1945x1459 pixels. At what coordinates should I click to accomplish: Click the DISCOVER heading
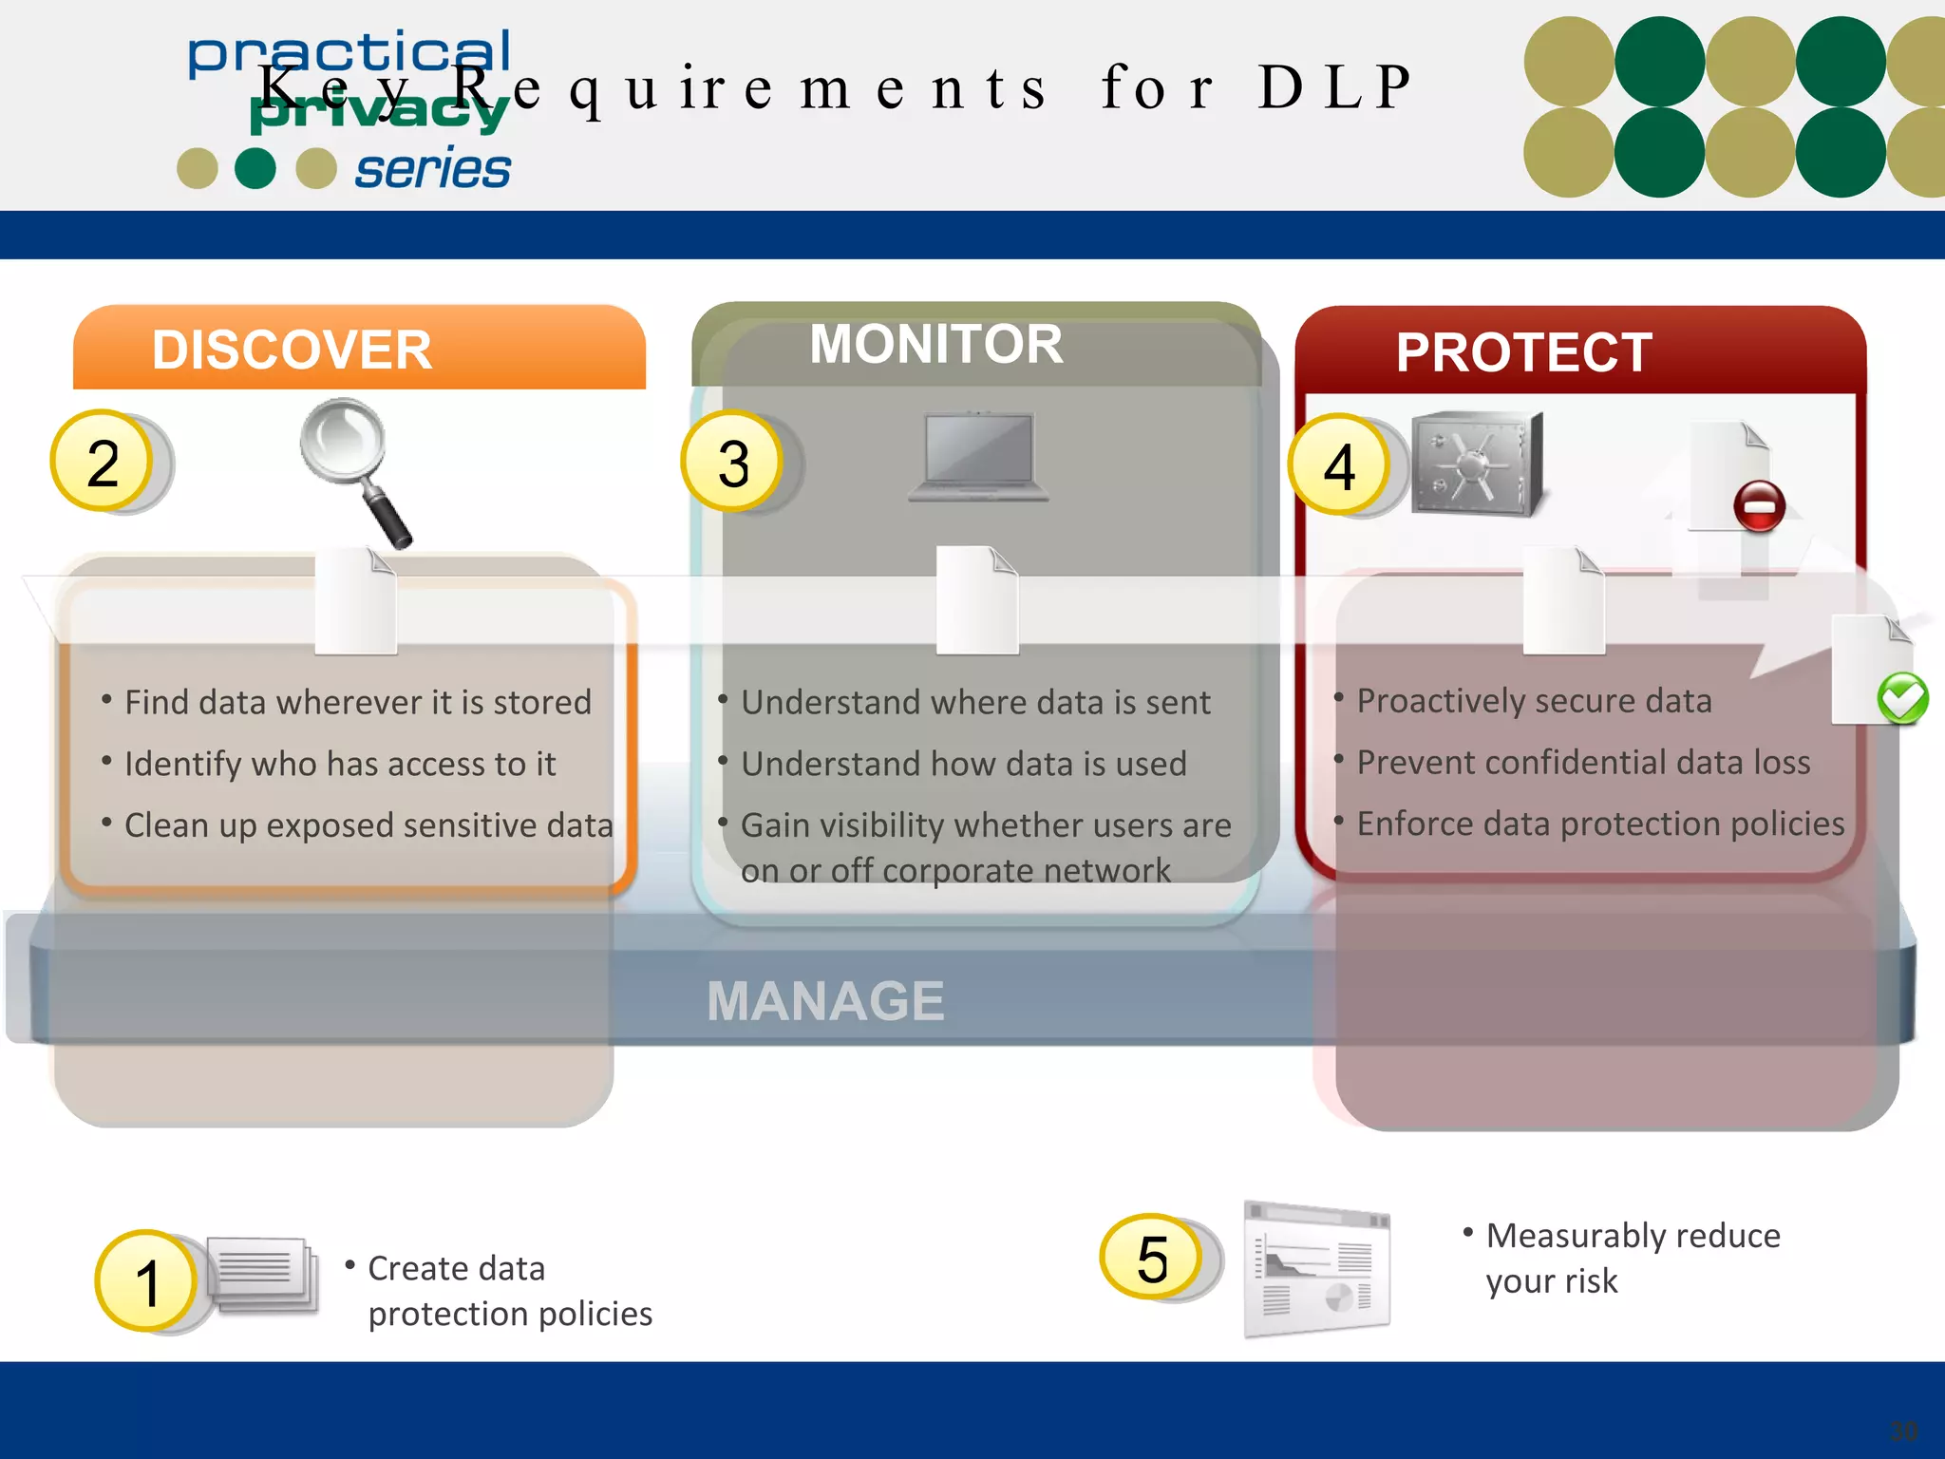[292, 351]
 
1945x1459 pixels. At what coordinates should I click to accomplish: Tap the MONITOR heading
[935, 344]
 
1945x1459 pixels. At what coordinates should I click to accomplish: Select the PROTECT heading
[1523, 353]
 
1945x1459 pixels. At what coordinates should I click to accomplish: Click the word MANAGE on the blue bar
[825, 1001]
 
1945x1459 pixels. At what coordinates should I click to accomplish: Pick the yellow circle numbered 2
[103, 463]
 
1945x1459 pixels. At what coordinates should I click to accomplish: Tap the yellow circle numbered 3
[732, 464]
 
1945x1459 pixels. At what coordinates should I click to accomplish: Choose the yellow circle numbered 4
[1338, 466]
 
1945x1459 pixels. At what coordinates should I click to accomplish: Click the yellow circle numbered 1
[146, 1281]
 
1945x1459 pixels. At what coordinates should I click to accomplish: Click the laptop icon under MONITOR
[978, 456]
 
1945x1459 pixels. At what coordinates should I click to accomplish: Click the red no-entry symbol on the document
[1758, 506]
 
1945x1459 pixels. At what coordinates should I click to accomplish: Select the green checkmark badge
[1902, 699]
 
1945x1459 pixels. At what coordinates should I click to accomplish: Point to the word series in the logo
[433, 170]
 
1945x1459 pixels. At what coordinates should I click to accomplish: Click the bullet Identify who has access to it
[339, 764]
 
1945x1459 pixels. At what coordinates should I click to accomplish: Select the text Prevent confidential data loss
[1583, 762]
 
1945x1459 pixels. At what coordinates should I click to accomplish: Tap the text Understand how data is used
[963, 764]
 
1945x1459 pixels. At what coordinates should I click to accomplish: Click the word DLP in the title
[1334, 87]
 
